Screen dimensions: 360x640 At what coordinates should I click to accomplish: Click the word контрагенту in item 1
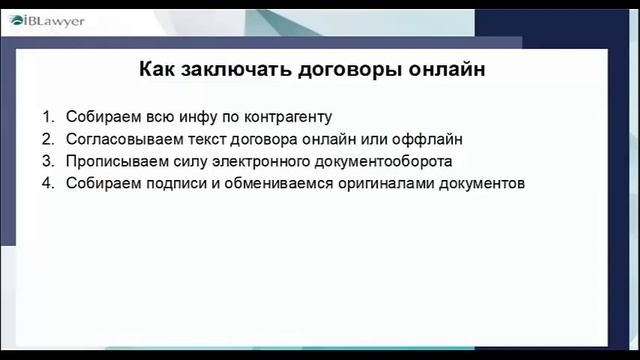coord(290,116)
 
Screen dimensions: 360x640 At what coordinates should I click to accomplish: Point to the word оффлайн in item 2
coord(431,138)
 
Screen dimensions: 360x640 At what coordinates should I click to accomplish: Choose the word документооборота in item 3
coord(383,161)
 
